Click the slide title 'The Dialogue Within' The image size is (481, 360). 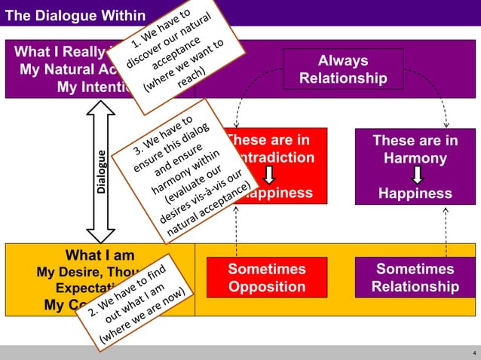tap(75, 15)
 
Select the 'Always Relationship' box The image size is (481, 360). tap(343, 70)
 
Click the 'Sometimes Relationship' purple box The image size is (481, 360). tap(415, 278)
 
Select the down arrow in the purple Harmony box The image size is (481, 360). tap(415, 175)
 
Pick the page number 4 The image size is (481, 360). tap(473, 352)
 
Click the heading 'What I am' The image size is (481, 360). tap(100, 255)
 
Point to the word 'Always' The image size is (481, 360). tap(343, 61)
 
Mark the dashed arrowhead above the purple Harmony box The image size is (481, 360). tap(446, 124)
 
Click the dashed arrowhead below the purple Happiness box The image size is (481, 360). tap(446, 210)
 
